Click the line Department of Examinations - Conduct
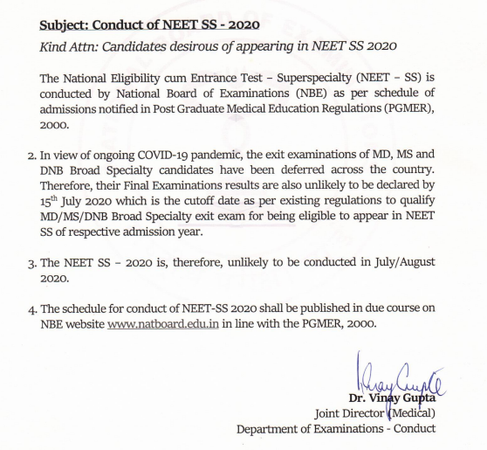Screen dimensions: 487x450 click(x=335, y=428)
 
